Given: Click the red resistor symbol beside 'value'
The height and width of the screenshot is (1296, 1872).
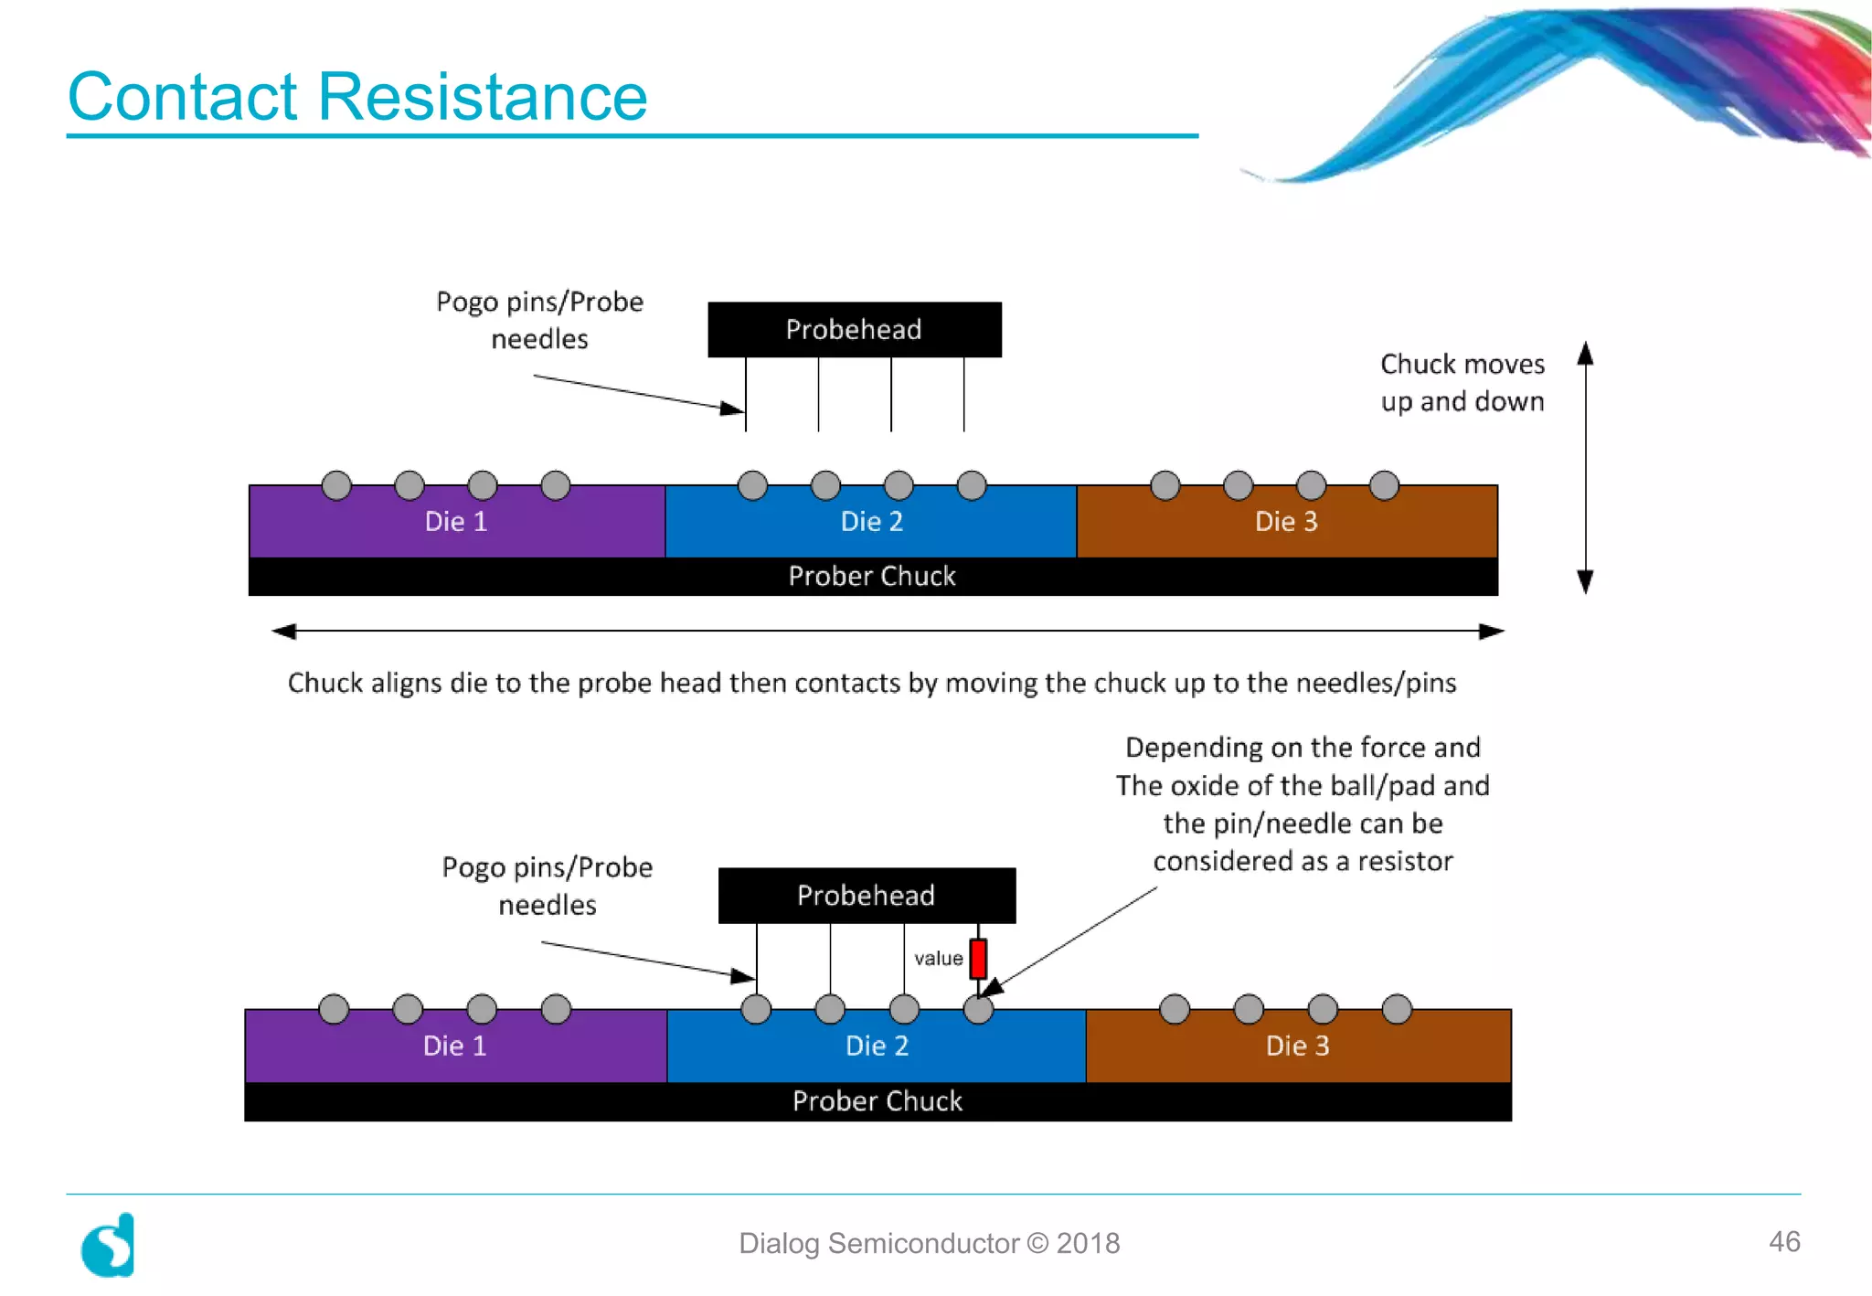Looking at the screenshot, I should pos(978,958).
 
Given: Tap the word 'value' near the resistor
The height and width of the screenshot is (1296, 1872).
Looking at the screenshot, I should pos(938,958).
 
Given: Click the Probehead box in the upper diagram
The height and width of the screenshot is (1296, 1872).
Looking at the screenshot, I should pos(854,329).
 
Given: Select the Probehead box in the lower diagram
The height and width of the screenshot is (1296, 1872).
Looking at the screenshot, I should pos(866,895).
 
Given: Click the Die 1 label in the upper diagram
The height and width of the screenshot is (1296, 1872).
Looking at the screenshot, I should pos(455,522).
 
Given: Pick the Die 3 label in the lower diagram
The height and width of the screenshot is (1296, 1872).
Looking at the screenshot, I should pos(1297,1046).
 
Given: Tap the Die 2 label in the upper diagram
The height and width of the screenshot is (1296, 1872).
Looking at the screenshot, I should pos(871,522).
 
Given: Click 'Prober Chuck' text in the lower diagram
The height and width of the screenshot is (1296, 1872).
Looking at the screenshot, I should pos(877,1101).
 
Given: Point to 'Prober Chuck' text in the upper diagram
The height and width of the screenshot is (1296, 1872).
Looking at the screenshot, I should pos(871,576).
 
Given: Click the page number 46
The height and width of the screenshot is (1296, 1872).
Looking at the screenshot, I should pos(1783,1241).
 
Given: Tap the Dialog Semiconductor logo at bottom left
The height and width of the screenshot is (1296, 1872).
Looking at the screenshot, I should pos(108,1245).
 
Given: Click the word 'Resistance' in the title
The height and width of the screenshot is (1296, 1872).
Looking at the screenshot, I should pos(482,96).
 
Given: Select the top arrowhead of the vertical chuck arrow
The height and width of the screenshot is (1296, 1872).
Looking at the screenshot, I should pos(1586,353).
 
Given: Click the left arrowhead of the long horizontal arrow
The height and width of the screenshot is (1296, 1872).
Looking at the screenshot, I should pos(284,631).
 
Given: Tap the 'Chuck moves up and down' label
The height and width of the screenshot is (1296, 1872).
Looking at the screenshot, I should pos(1462,382).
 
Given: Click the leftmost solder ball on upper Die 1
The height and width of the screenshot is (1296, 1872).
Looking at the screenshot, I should pos(336,485).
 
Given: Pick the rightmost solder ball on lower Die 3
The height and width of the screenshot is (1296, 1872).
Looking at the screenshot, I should pos(1397,1009).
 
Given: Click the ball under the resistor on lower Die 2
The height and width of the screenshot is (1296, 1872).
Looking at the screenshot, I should pos(978,1009).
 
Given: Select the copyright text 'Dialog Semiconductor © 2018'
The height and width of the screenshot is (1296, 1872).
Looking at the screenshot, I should pos(929,1243).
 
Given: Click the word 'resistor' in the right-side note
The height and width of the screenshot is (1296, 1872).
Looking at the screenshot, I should pos(1404,861).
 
